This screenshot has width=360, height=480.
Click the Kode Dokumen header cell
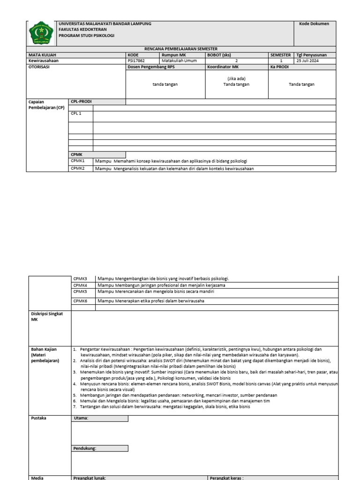[317, 24]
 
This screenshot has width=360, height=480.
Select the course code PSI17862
[136, 60]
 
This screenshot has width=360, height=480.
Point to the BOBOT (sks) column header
[219, 55]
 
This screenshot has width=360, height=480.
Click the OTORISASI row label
[39, 67]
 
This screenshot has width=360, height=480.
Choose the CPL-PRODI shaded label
[81, 101]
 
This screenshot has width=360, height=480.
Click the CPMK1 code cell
[77, 161]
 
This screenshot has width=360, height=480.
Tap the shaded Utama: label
[81, 418]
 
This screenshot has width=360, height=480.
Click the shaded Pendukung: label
[84, 449]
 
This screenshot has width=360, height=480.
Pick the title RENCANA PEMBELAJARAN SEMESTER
[180, 49]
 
